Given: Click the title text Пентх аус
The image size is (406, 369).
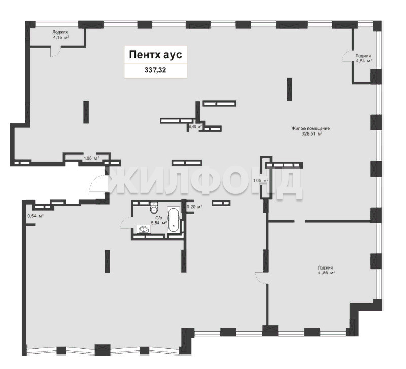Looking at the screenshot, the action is (155, 55).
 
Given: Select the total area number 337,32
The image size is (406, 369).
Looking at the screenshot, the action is (155, 70).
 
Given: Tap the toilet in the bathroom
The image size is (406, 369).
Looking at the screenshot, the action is (154, 208).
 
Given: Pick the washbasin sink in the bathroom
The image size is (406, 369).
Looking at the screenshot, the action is (143, 229).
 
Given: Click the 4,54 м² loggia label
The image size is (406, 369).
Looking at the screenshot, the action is (363, 58).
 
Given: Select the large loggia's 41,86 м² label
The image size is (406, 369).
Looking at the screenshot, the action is (325, 270).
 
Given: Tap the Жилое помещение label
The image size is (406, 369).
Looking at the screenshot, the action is (311, 128).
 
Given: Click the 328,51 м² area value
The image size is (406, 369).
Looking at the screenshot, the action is (312, 134).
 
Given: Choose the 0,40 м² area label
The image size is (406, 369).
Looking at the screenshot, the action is (195, 127).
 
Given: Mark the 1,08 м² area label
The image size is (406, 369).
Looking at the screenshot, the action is (91, 158).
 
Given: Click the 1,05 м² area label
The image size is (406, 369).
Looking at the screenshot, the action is (260, 181).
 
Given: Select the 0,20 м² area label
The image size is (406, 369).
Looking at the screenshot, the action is (194, 207).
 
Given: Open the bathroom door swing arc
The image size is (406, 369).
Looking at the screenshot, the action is (125, 223).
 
